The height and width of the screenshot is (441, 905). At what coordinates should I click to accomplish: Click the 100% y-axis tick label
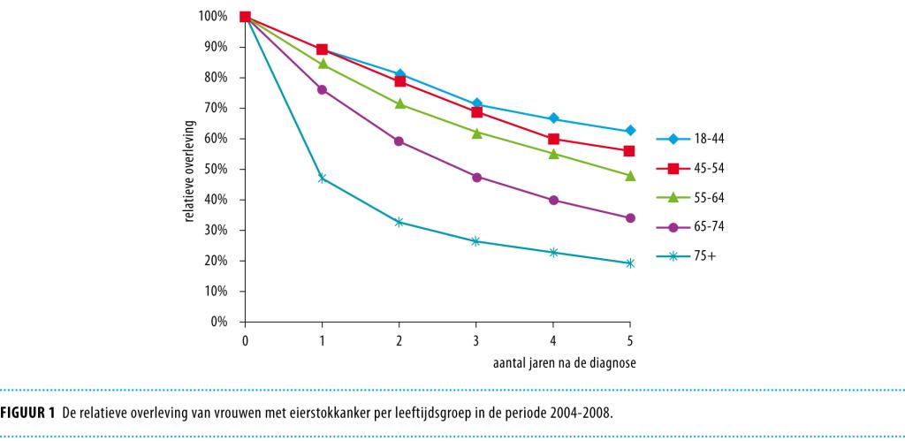click(x=213, y=16)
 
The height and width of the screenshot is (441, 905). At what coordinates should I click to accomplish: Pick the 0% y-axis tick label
click(x=218, y=322)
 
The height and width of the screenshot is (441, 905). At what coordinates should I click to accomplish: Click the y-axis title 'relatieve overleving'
click(x=190, y=169)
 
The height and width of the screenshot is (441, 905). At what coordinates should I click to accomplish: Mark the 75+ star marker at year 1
click(x=323, y=178)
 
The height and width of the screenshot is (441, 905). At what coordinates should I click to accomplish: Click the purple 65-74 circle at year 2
click(x=399, y=141)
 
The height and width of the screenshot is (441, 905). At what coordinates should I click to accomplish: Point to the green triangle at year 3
click(x=476, y=133)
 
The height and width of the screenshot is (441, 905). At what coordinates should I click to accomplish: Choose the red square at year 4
click(x=553, y=139)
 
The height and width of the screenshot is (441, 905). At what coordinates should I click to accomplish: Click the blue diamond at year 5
click(x=630, y=131)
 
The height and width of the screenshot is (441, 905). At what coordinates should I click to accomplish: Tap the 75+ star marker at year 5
click(x=630, y=263)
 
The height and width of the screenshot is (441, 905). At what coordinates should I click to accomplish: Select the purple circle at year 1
click(x=323, y=89)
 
